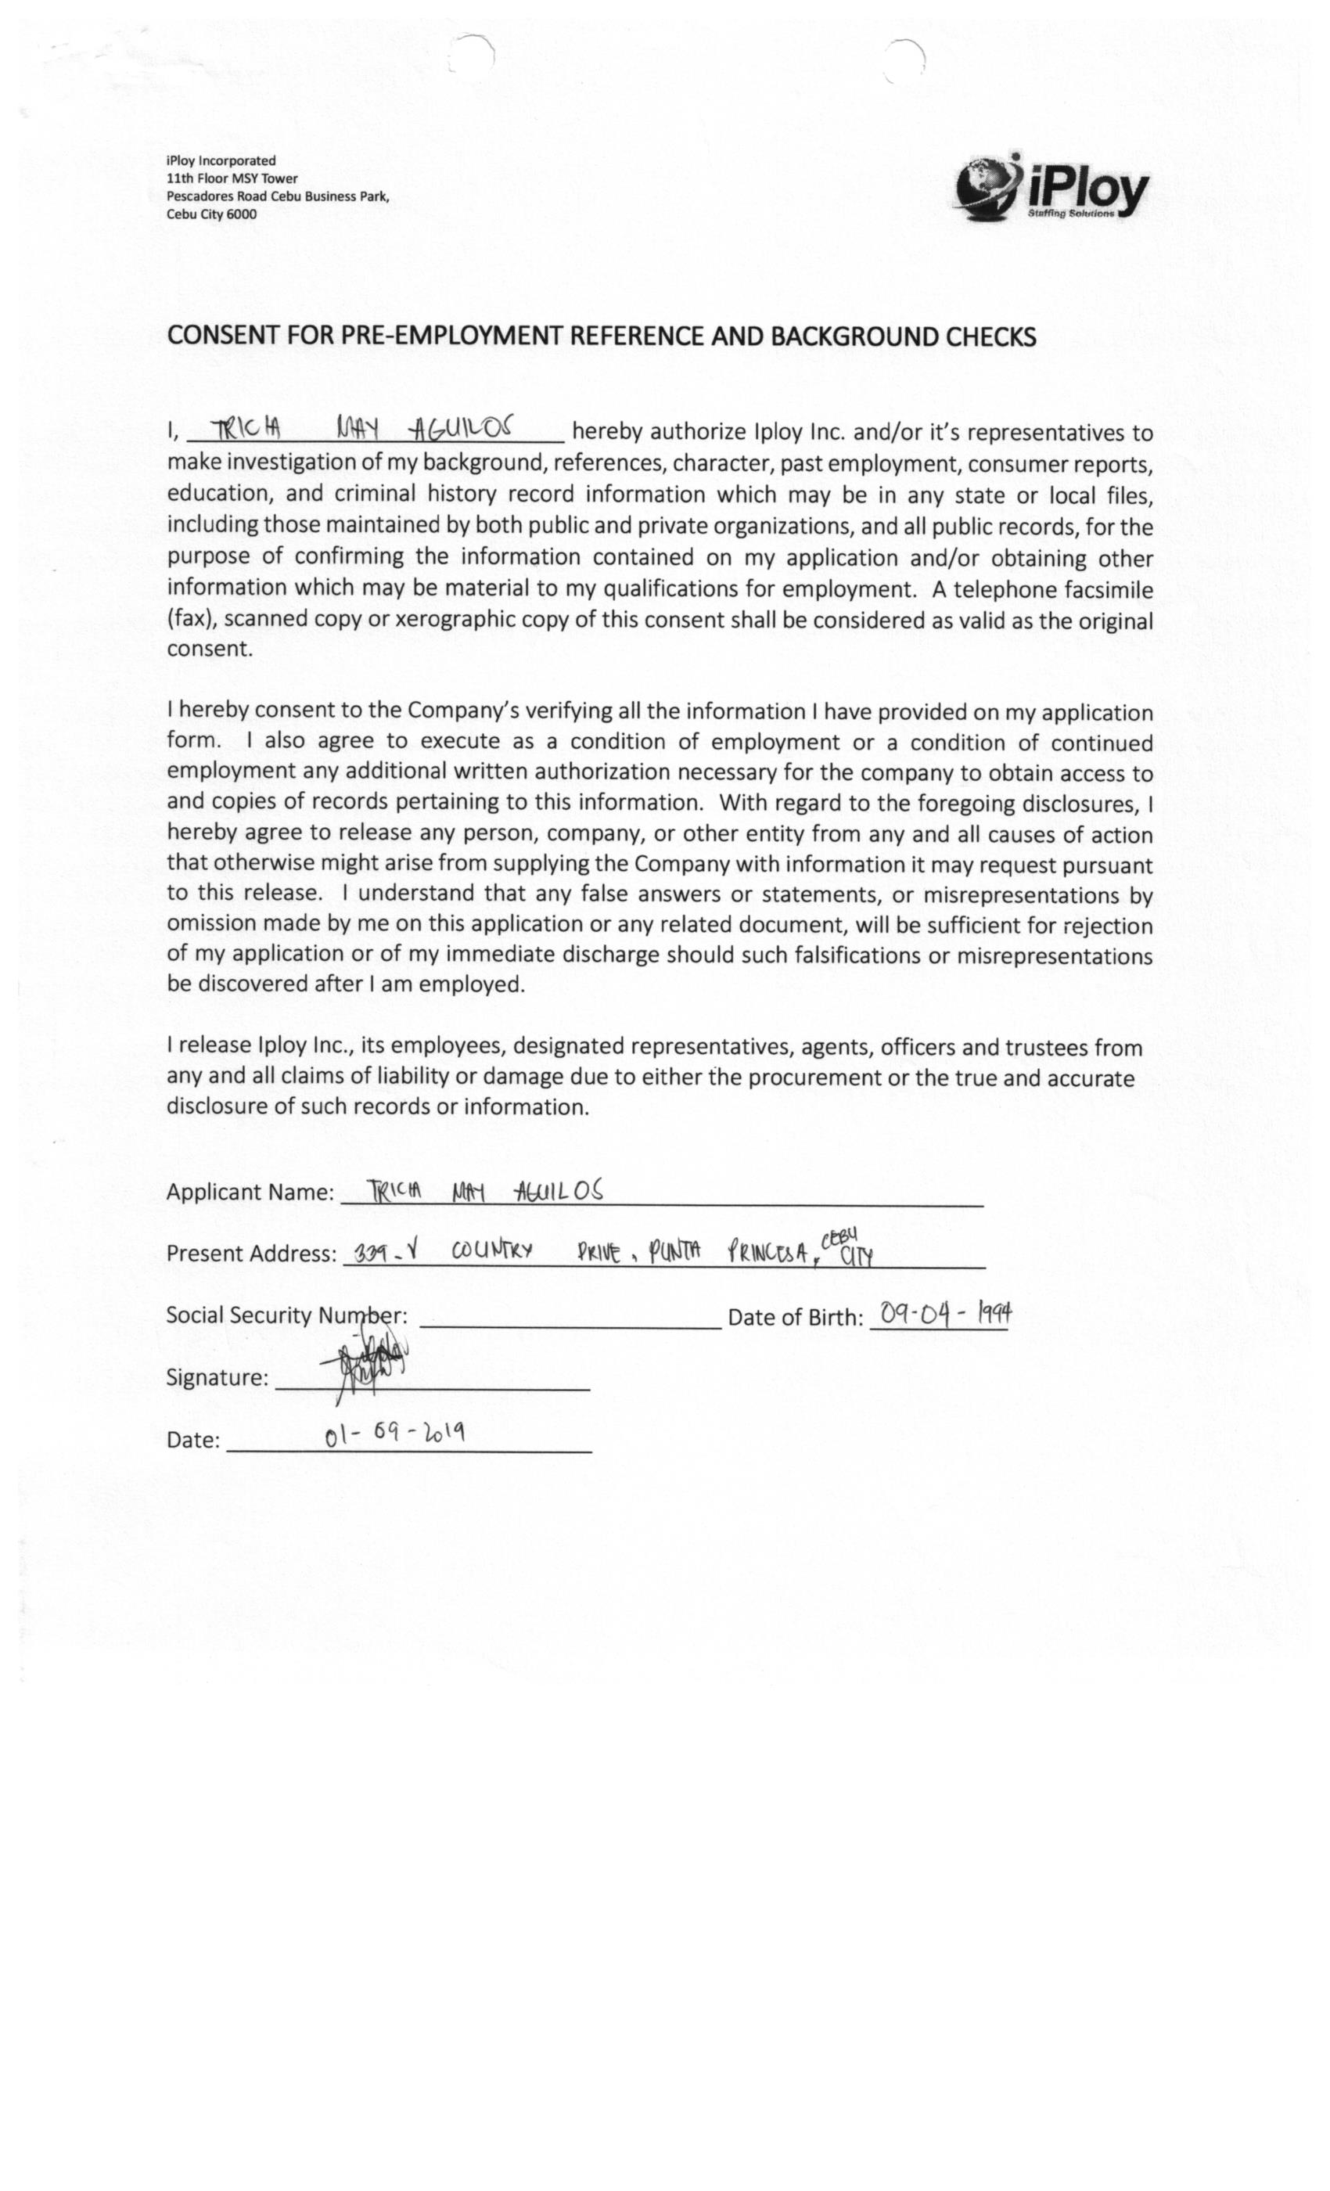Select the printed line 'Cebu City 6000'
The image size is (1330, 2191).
pos(211,214)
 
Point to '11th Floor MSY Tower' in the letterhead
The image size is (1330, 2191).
pos(232,178)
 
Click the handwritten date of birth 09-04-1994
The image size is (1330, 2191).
pos(944,1312)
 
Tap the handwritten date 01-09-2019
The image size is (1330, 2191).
pos(395,1434)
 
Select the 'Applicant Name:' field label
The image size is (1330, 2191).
pos(250,1192)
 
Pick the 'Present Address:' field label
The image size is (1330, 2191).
pos(250,1253)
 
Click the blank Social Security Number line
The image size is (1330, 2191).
pos(570,1323)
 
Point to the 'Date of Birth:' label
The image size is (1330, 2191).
pos(795,1317)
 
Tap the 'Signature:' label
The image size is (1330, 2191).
pos(217,1377)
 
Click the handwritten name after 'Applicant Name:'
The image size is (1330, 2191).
pos(485,1191)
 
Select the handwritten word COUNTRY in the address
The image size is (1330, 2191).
pos(491,1251)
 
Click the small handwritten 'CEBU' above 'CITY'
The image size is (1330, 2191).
pos(839,1237)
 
